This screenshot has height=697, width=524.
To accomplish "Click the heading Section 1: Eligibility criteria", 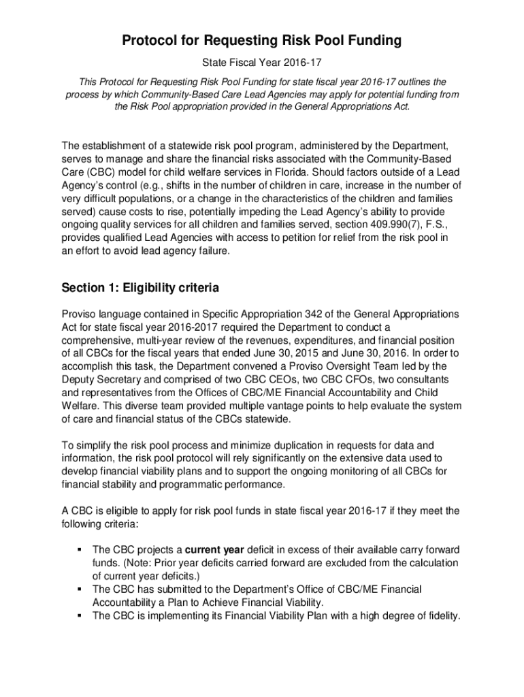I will tap(140, 288).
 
